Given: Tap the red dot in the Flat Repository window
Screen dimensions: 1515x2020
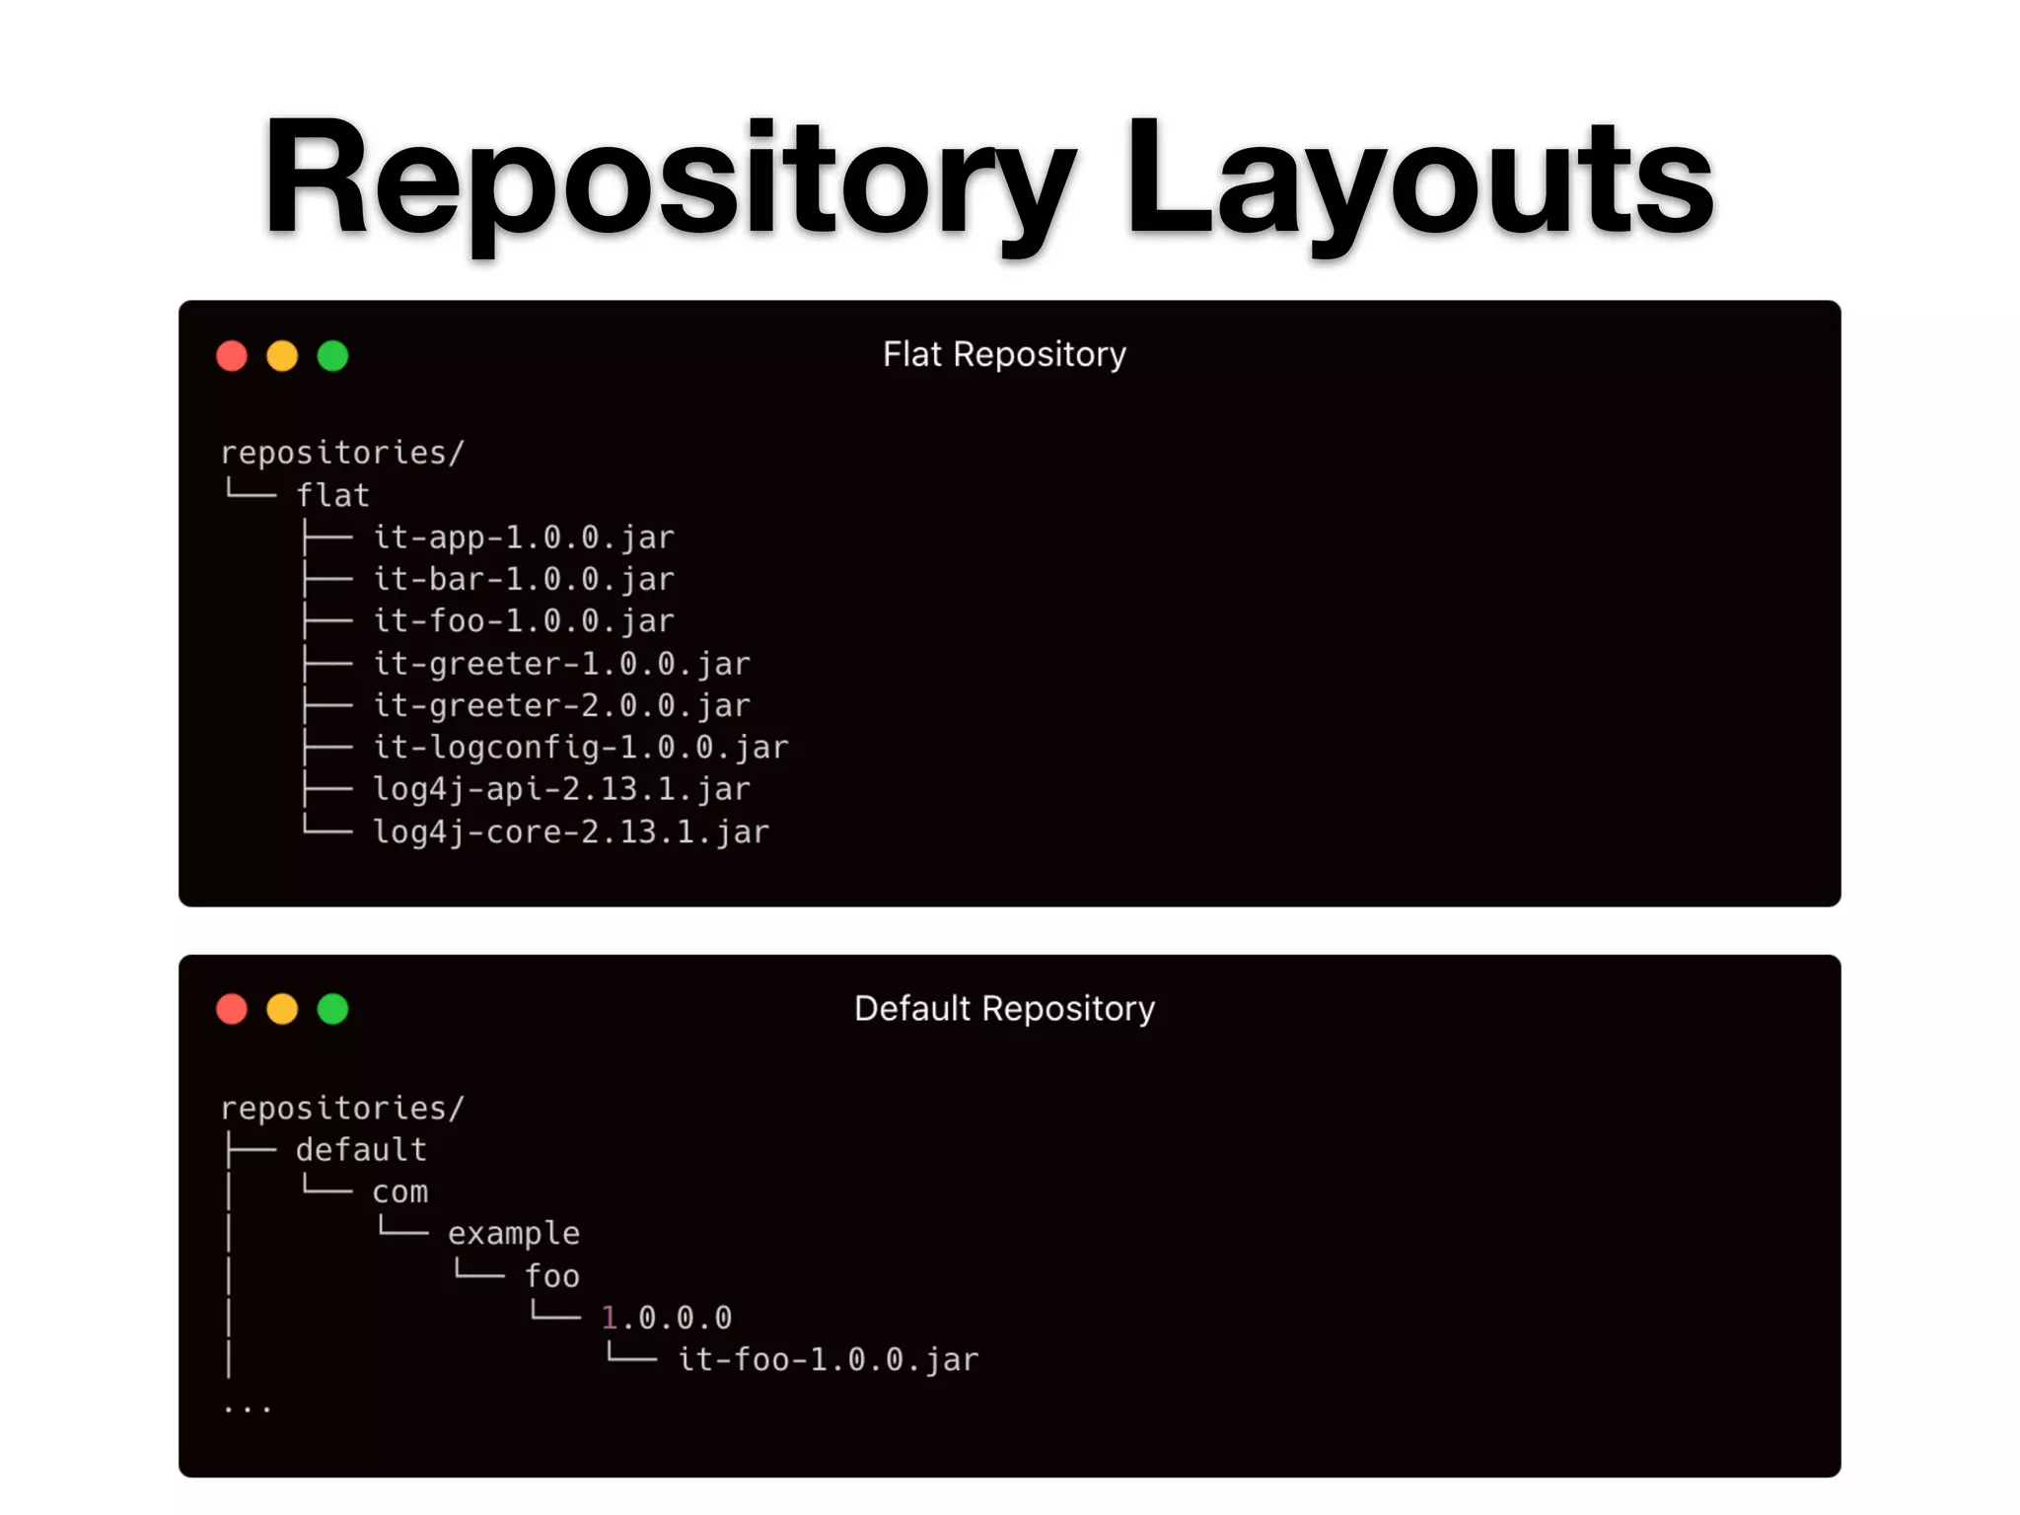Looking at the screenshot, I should [x=232, y=356].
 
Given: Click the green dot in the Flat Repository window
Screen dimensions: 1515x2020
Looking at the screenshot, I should [x=333, y=356].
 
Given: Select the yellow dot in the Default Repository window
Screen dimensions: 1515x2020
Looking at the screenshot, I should [x=282, y=1009].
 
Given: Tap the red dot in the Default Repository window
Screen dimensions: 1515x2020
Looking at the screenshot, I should [x=232, y=1009].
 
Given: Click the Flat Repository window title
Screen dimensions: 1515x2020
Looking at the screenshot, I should [x=1004, y=354].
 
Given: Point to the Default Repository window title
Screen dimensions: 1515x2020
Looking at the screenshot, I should [x=1004, y=1008].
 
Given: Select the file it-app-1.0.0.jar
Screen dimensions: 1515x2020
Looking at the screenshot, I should [x=524, y=538].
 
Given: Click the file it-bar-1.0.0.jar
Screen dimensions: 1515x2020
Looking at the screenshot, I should [x=524, y=579].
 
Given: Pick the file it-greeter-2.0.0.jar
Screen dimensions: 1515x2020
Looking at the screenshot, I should [x=561, y=705].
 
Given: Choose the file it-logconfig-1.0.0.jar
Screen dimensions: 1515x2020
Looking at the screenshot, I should [x=580, y=748].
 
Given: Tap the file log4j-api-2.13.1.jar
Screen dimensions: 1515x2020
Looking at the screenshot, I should [x=561, y=789].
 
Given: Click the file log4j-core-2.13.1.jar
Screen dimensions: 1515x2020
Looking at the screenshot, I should [x=570, y=832].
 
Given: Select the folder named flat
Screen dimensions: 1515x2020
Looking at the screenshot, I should [x=333, y=495].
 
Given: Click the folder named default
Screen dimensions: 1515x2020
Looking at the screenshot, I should [x=361, y=1150].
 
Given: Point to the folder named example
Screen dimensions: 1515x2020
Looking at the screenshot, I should [x=514, y=1234].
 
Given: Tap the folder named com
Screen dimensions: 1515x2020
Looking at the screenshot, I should [x=400, y=1192].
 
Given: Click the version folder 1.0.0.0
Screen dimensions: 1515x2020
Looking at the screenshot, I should [x=667, y=1318].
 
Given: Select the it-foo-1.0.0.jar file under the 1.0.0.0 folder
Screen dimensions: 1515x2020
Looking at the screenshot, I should [x=829, y=1360].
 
